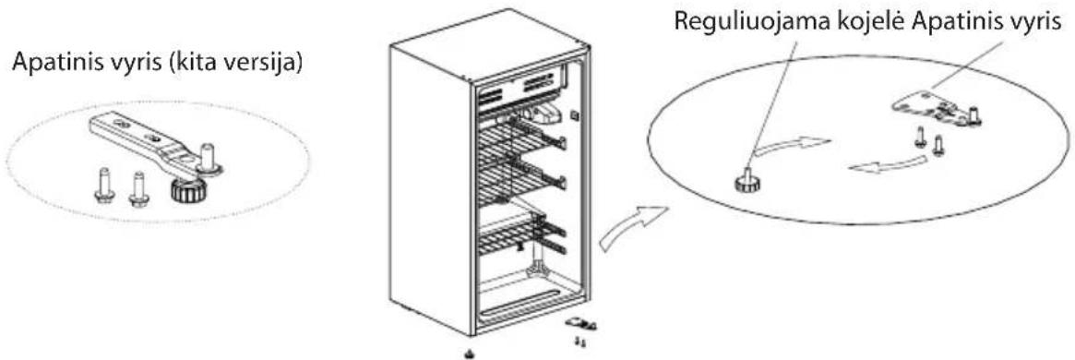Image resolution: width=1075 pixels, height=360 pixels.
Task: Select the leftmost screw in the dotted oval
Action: point(105,186)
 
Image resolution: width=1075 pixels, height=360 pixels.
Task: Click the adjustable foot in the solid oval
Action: point(746,179)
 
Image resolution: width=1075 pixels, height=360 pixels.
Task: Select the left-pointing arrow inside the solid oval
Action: point(888,164)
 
